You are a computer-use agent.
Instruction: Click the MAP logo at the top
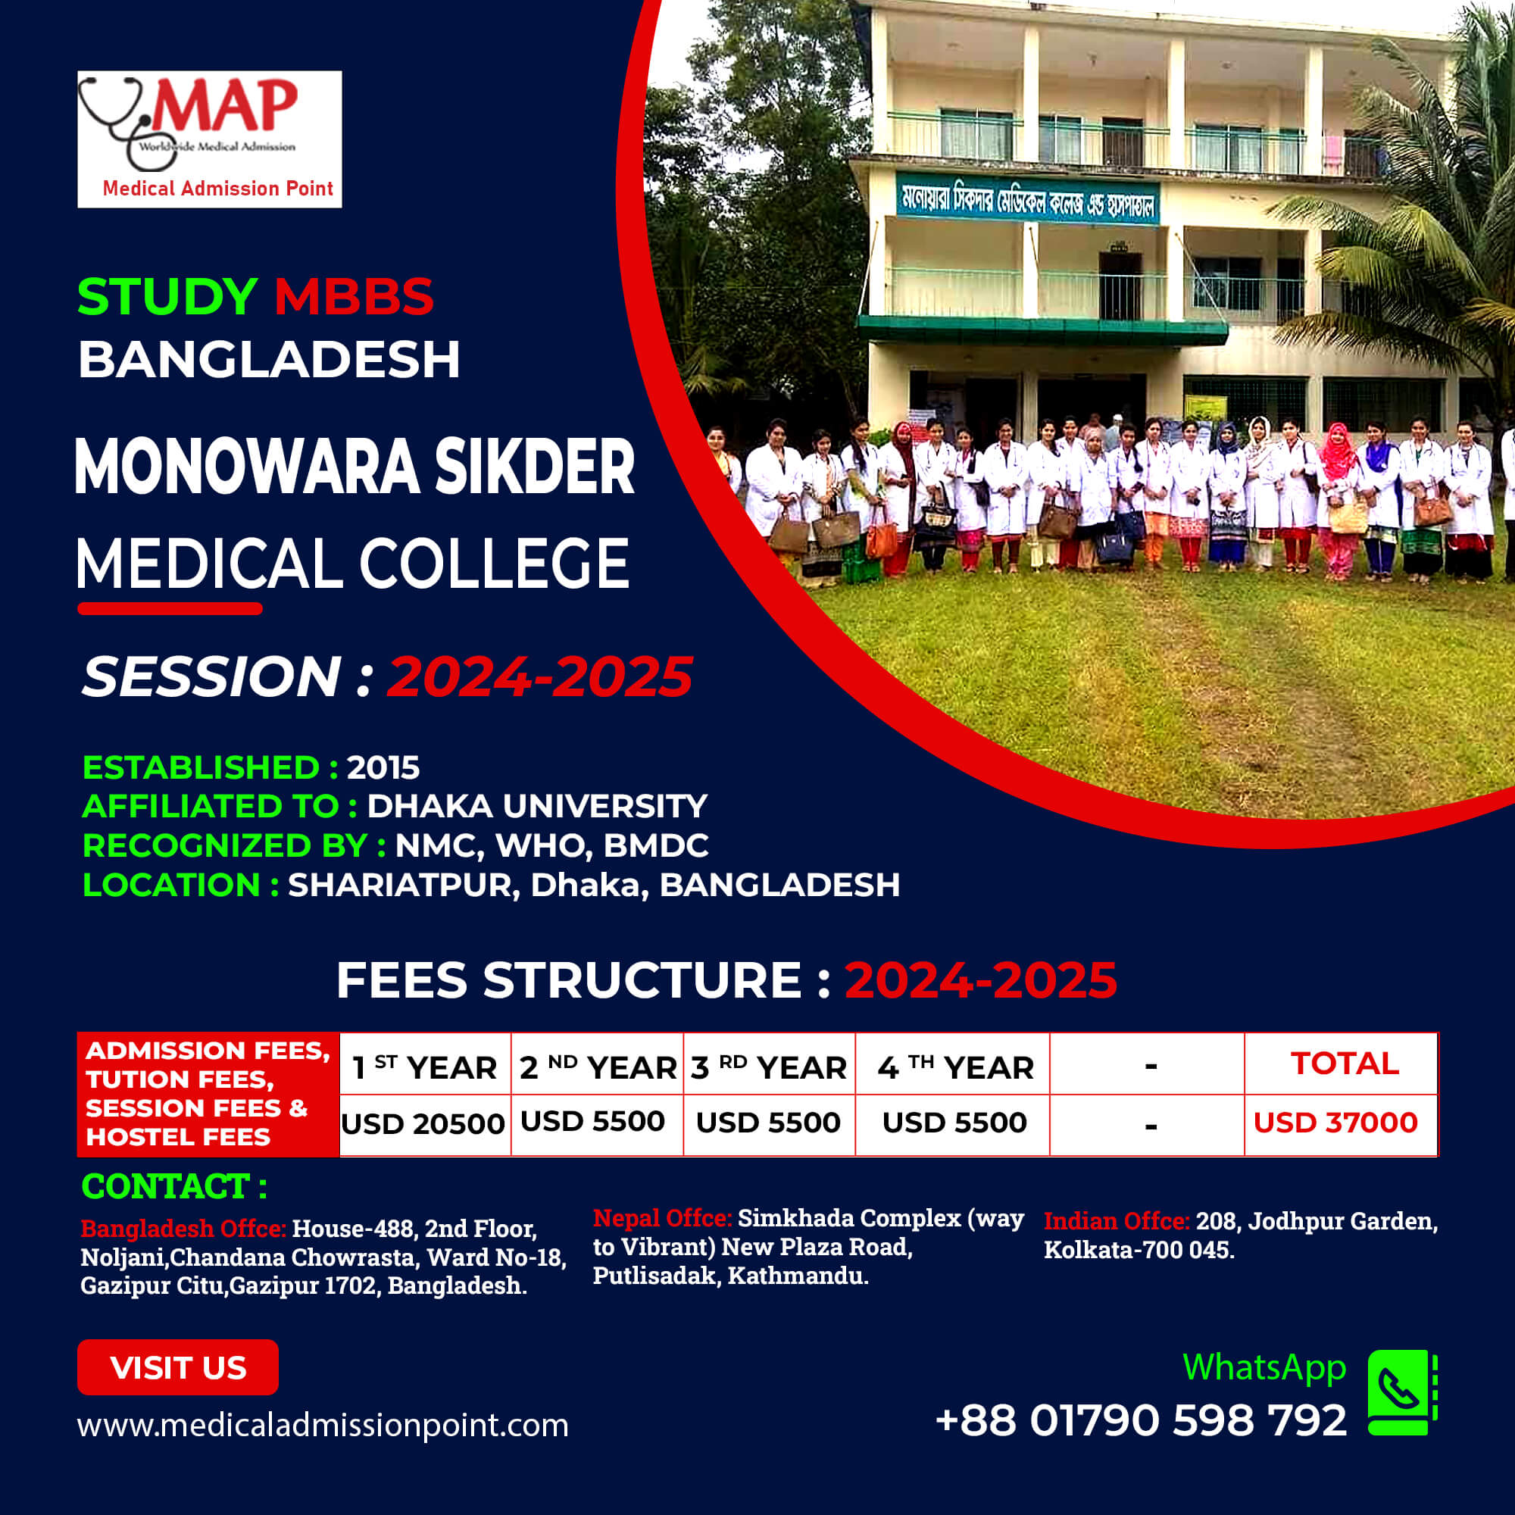click(209, 139)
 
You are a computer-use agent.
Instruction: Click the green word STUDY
click(167, 296)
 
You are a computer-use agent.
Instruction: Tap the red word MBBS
click(354, 296)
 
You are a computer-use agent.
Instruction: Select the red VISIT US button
click(178, 1367)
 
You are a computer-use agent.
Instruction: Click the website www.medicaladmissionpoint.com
click(323, 1425)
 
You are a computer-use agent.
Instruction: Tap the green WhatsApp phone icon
click(1402, 1393)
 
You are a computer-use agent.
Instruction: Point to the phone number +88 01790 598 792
click(1141, 1420)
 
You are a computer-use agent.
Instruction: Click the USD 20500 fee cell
click(423, 1123)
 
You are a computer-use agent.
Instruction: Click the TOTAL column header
click(1345, 1064)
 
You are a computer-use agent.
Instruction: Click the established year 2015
click(383, 767)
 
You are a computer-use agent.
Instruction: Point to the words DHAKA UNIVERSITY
click(537, 806)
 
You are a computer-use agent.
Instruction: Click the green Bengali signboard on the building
click(1028, 201)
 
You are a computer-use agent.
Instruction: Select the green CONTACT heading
click(174, 1186)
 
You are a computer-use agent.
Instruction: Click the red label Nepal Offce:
click(663, 1218)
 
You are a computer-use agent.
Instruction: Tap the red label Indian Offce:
click(1117, 1221)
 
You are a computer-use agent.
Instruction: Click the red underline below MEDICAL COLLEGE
click(170, 608)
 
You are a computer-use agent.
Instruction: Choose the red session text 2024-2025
click(540, 676)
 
